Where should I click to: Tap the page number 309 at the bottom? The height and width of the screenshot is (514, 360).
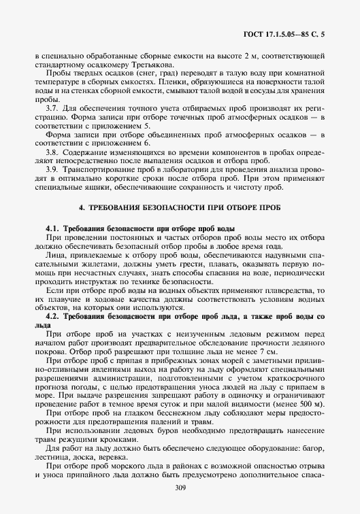[x=180, y=488]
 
